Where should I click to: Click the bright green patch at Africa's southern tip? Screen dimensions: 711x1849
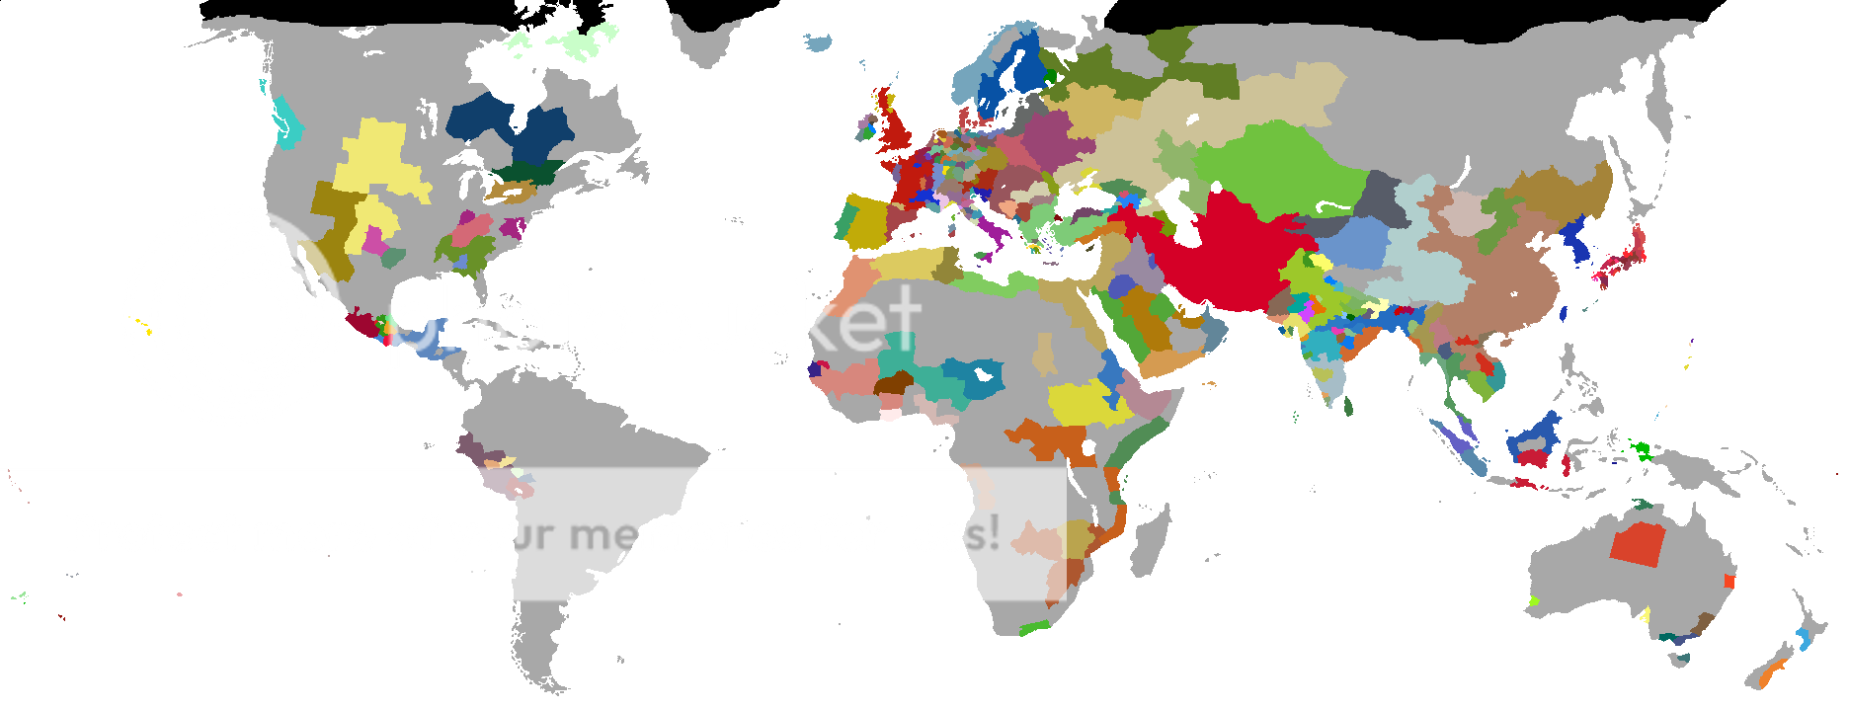1034,627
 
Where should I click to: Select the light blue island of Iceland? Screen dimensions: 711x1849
818,42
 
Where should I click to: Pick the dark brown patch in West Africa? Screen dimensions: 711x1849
894,383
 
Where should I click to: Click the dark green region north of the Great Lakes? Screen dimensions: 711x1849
528,173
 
